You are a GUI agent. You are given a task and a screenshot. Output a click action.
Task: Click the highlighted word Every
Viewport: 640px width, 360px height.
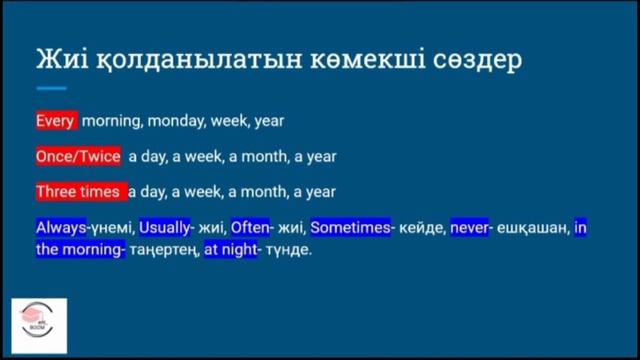pos(55,121)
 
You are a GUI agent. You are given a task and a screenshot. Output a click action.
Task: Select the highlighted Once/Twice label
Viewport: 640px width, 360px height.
pos(78,156)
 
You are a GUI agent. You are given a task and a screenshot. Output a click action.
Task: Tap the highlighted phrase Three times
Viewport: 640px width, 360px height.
pos(78,191)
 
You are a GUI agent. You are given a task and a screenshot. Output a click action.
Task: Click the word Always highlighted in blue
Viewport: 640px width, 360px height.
pos(61,227)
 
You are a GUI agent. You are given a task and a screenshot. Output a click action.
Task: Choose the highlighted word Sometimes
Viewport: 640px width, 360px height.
pos(350,227)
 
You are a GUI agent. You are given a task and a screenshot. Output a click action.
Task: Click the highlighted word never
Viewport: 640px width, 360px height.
pos(469,227)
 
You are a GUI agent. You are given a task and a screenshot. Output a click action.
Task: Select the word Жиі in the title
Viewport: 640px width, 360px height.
pos(63,59)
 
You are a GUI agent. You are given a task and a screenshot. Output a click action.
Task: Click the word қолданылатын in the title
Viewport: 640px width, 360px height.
pos(192,59)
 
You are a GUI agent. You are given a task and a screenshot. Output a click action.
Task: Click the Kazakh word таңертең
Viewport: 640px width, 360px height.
pos(163,250)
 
